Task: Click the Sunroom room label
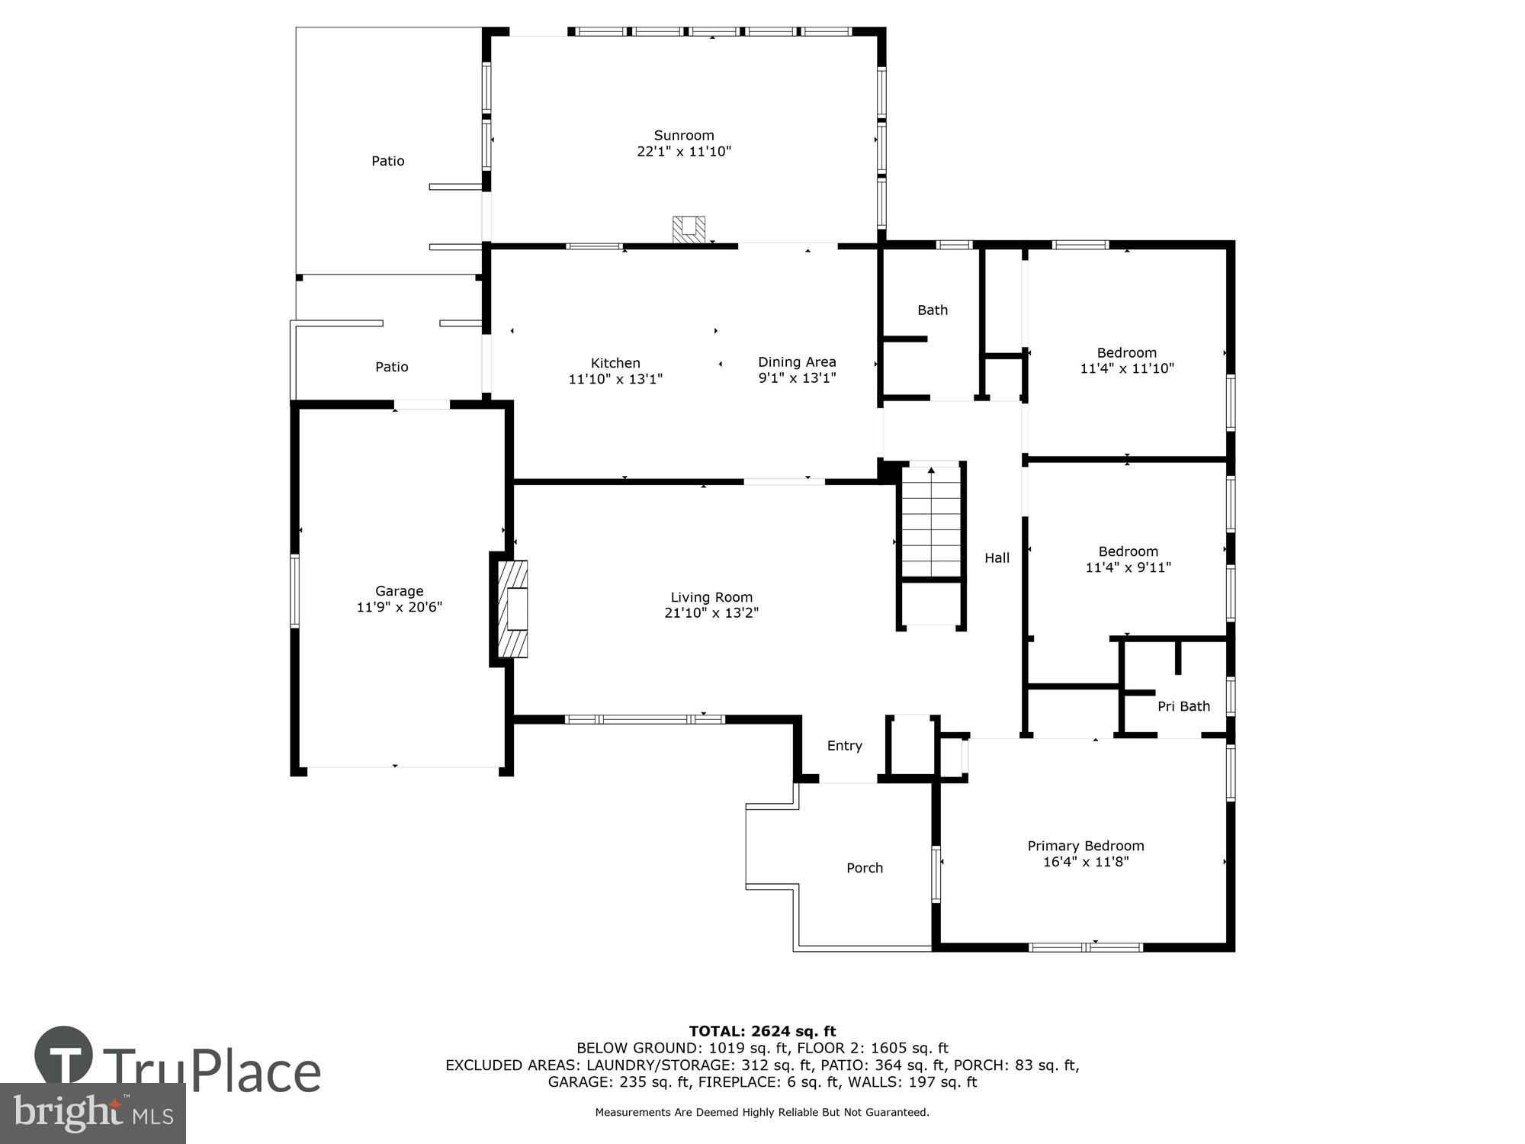pyautogui.click(x=684, y=136)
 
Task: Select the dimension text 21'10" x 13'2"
pyautogui.click(x=711, y=613)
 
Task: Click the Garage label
pyautogui.click(x=399, y=591)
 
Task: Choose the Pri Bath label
pyautogui.click(x=1183, y=706)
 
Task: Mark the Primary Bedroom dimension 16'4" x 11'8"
pyautogui.click(x=1086, y=862)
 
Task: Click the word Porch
pyautogui.click(x=865, y=868)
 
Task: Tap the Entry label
pyautogui.click(x=845, y=746)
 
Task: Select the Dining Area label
pyautogui.click(x=797, y=362)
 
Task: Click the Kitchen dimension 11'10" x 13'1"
pyautogui.click(x=615, y=379)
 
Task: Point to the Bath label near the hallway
pyautogui.click(x=933, y=310)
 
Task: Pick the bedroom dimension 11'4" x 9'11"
pyautogui.click(x=1128, y=567)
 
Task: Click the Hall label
pyautogui.click(x=997, y=558)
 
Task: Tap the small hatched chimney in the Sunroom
pyautogui.click(x=689, y=230)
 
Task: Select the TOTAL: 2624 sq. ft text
pyautogui.click(x=762, y=1031)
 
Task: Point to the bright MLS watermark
pyautogui.click(x=93, y=1113)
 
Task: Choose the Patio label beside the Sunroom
pyautogui.click(x=387, y=161)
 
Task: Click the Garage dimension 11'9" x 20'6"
pyautogui.click(x=399, y=608)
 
